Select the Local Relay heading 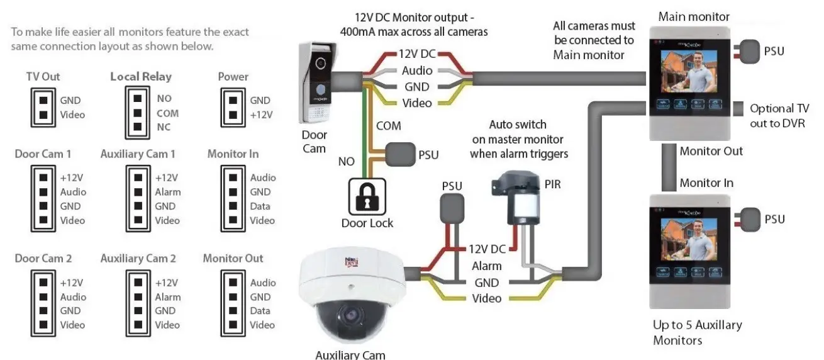141,77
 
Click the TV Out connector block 42,108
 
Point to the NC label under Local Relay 164,128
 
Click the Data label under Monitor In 260,206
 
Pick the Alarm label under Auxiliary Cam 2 167,297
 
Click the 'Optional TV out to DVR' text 779,116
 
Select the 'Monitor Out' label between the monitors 711,151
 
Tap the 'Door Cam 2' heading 43,259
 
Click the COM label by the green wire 388,126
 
